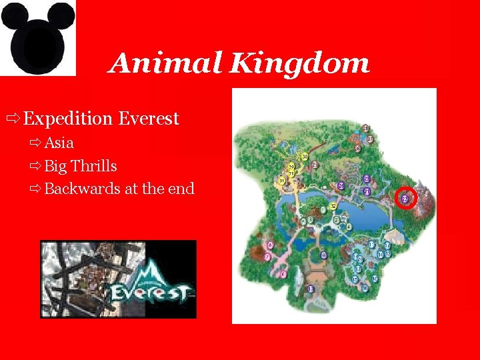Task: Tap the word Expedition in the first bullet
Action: (x=68, y=119)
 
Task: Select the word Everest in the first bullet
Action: (x=149, y=119)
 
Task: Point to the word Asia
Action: (x=59, y=143)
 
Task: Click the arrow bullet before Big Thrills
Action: (x=35, y=166)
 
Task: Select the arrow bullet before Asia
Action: (x=35, y=143)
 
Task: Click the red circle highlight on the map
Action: (x=405, y=198)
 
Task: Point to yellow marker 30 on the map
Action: (x=305, y=157)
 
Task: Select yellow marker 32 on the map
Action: (x=333, y=206)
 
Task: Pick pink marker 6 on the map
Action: (x=269, y=245)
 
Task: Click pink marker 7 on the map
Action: (x=267, y=257)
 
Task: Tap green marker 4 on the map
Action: (x=349, y=226)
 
